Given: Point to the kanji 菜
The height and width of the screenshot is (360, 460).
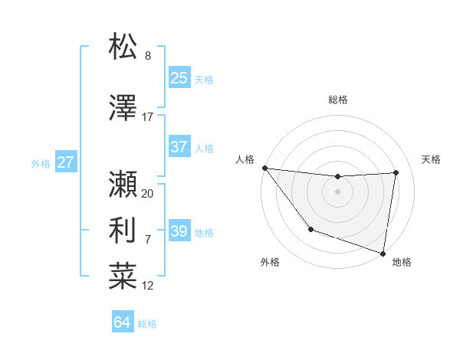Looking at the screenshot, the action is click(x=123, y=276).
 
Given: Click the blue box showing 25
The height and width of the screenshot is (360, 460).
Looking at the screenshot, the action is click(x=179, y=78).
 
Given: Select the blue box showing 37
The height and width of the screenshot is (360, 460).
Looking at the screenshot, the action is click(x=179, y=147).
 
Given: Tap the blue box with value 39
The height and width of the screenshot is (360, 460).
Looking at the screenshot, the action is click(x=179, y=231).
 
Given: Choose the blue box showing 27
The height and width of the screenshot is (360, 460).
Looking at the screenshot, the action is click(x=65, y=162).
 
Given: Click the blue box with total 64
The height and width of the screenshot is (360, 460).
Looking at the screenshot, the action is click(x=123, y=322).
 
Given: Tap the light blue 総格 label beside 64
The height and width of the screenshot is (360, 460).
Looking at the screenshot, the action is click(x=147, y=324).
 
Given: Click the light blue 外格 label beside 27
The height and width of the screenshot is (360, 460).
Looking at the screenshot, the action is click(x=41, y=163).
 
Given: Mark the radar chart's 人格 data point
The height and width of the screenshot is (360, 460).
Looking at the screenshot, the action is click(x=264, y=168).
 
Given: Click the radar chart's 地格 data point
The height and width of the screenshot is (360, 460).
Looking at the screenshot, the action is click(x=383, y=253).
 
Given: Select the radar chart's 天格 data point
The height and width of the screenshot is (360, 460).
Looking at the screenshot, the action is click(x=396, y=172).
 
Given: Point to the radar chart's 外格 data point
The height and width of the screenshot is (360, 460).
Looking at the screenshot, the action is click(x=310, y=229).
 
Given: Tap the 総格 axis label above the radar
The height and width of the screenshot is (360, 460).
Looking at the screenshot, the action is click(x=337, y=100).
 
